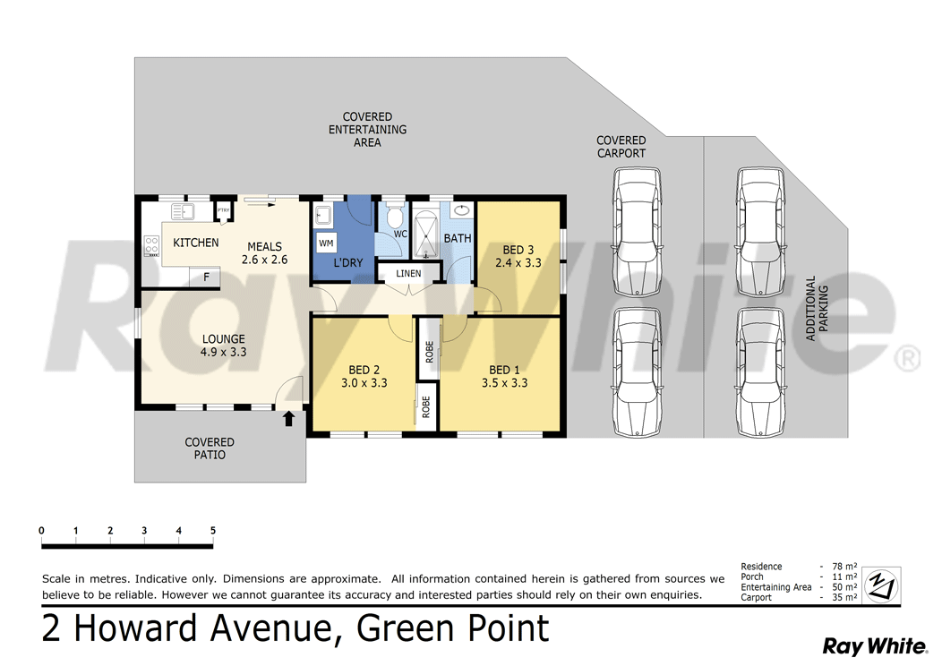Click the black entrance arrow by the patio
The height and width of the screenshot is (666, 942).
point(288,418)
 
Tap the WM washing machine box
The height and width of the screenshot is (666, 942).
point(326,243)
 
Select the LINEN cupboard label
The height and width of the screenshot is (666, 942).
point(408,273)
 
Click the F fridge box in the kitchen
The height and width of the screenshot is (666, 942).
point(207,277)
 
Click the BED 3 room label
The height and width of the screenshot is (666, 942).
point(518,256)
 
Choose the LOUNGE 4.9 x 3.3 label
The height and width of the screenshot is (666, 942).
point(224,346)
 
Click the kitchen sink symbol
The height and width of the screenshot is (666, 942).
point(183,212)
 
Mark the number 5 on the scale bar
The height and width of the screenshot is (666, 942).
point(213,531)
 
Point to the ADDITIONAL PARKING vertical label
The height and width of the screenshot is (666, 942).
point(817,308)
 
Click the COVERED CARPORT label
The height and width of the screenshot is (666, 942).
point(621,147)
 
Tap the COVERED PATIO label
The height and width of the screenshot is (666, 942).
point(210,448)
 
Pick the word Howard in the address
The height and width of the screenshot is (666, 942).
point(135,628)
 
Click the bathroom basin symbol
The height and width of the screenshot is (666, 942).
point(461,211)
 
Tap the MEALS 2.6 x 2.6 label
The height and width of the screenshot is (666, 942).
point(264,253)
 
